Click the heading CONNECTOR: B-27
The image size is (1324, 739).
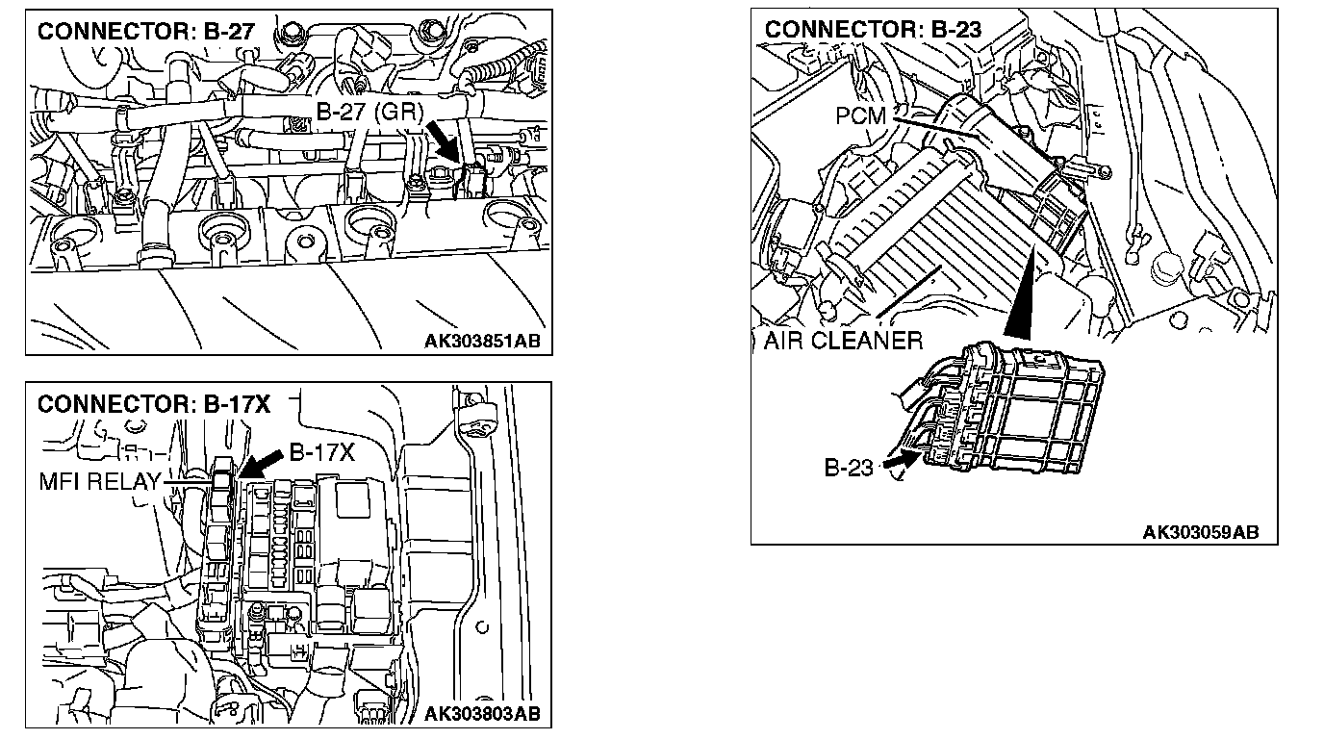[145, 31]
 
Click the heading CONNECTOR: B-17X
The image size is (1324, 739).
[154, 405]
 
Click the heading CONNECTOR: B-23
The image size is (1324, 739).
[873, 30]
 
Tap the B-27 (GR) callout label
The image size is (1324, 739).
[370, 113]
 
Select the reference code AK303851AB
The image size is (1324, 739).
[481, 340]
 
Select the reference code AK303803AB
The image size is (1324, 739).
[481, 713]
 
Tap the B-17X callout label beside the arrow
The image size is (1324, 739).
[321, 452]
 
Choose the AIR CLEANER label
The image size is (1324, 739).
[843, 341]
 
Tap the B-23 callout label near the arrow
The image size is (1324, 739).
[849, 469]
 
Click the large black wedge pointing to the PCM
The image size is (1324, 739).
[1023, 289]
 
